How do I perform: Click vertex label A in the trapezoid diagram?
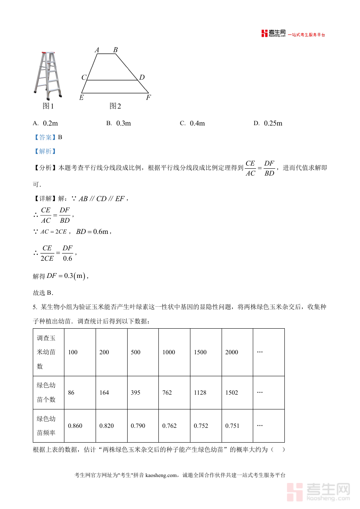[x=97, y=50]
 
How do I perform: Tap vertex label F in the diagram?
[x=148, y=98]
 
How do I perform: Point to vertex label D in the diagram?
[x=142, y=77]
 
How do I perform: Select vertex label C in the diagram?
[x=84, y=77]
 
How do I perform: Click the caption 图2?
[x=115, y=106]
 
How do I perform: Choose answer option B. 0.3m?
[x=119, y=123]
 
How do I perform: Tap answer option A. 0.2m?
[x=46, y=123]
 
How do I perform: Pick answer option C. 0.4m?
[x=192, y=123]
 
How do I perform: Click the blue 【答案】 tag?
[x=45, y=137]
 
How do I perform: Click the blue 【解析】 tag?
[x=45, y=151]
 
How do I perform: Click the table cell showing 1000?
[x=169, y=352]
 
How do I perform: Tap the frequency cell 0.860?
[x=75, y=426]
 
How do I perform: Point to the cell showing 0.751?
[x=232, y=426]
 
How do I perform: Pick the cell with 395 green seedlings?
[x=136, y=393]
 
